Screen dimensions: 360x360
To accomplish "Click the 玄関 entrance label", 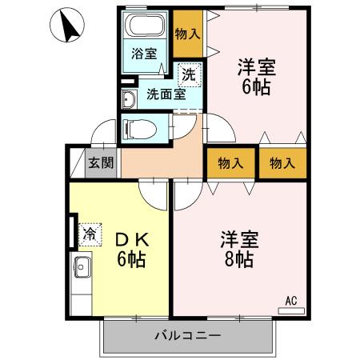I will tap(100, 162).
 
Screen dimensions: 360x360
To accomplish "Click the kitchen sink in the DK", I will tap(82, 268).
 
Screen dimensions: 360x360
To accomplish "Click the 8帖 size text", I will tap(238, 259).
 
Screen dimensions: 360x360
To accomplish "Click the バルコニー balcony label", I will tap(187, 334).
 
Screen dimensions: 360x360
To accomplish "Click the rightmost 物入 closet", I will tap(282, 162).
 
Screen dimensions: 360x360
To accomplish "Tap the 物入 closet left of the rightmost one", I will tap(231, 162).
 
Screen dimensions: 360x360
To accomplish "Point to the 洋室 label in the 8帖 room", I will tap(238, 240).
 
